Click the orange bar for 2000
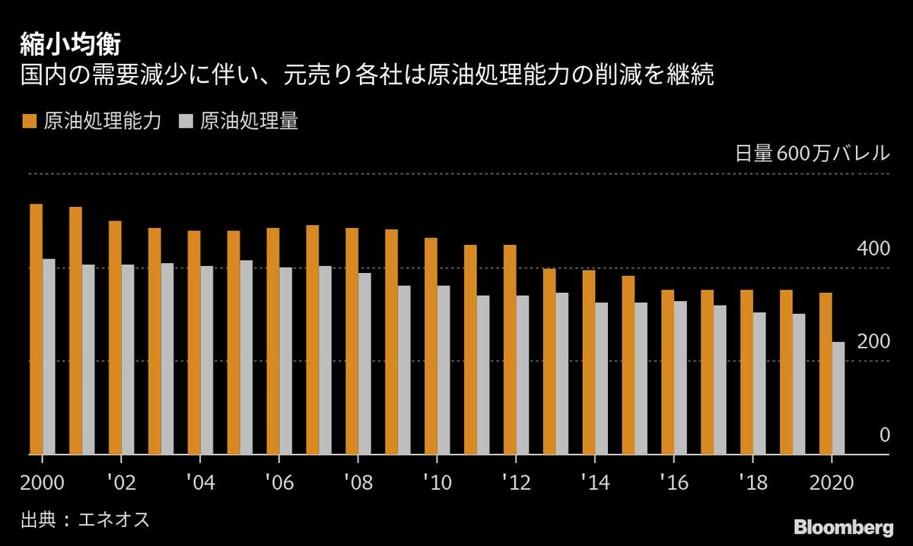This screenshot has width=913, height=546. [x=36, y=329]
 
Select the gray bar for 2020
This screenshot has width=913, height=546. [x=838, y=398]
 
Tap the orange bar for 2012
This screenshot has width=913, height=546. [x=510, y=350]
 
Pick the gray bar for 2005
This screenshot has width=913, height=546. [x=247, y=357]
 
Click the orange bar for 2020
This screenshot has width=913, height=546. [x=826, y=373]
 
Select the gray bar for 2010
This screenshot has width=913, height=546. [x=444, y=370]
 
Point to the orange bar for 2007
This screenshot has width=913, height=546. [x=312, y=340]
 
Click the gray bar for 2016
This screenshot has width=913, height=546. [x=680, y=378]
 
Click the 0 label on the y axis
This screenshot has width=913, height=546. [x=884, y=435]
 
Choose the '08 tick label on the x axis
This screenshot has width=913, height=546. [x=357, y=481]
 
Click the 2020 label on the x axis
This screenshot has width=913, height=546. [x=830, y=481]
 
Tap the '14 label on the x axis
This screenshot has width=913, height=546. [x=593, y=481]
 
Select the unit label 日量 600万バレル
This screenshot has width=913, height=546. [x=812, y=153]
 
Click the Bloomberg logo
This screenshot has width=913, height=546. [x=843, y=526]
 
